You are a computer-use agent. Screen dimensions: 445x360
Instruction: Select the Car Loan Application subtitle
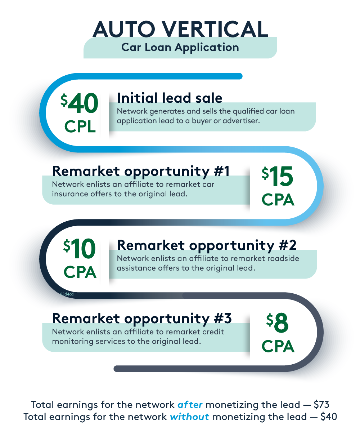tap(180, 47)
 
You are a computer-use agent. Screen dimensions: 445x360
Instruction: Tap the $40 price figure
tap(80, 103)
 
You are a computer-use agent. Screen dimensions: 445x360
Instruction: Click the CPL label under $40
tap(80, 126)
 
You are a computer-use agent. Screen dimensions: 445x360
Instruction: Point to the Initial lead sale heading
tap(170, 98)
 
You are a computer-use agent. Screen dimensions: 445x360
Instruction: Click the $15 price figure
tap(278, 177)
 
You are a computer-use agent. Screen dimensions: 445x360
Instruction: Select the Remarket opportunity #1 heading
tap(141, 171)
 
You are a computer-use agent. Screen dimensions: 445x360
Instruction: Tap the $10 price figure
tap(80, 250)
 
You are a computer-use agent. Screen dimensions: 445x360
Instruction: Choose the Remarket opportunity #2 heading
tap(207, 245)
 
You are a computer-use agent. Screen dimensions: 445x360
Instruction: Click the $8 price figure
tap(278, 323)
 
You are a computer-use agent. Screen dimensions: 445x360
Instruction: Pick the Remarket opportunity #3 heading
tap(142, 318)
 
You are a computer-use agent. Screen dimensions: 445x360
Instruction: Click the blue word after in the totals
tap(190, 405)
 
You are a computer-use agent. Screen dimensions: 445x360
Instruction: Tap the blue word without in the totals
tap(189, 417)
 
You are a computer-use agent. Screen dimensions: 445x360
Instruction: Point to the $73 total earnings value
tap(321, 405)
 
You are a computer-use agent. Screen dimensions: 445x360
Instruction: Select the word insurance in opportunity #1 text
tap(70, 194)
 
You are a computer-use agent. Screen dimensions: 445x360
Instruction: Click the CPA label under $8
tap(278, 347)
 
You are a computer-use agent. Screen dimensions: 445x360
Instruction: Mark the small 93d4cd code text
tap(67, 294)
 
